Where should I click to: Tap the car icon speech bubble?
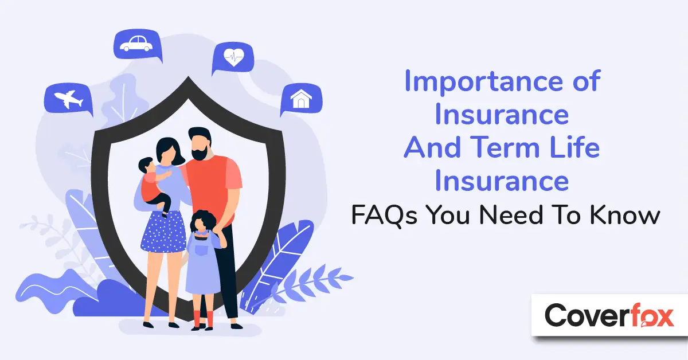(x=138, y=45)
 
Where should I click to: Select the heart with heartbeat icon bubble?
(x=233, y=57)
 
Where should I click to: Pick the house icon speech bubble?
(x=302, y=99)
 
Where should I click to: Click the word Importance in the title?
(x=484, y=82)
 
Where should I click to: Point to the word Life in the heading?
(x=574, y=147)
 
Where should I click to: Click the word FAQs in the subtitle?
(x=384, y=216)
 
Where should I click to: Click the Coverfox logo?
(x=609, y=315)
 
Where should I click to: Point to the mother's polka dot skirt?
(x=163, y=232)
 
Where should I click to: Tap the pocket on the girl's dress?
(x=201, y=250)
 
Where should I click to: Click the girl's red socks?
(x=203, y=319)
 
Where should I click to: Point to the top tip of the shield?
(x=188, y=76)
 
